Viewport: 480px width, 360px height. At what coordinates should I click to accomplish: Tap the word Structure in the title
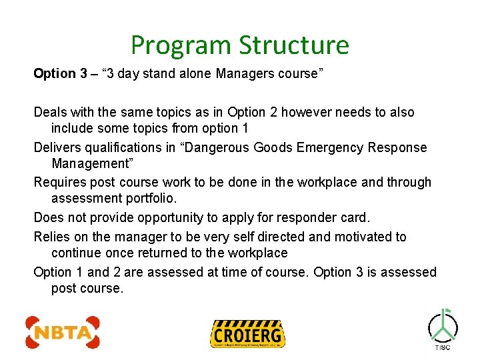[x=294, y=45]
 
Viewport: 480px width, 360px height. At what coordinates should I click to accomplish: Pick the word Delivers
[x=58, y=147]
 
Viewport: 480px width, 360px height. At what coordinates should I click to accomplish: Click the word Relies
[x=51, y=237]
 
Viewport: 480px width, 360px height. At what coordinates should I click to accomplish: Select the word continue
[x=76, y=253]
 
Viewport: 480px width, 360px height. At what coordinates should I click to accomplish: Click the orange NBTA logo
[x=63, y=331]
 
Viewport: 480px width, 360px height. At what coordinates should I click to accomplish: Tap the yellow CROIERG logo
[x=247, y=333]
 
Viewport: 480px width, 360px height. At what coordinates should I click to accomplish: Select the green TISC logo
[x=443, y=329]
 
